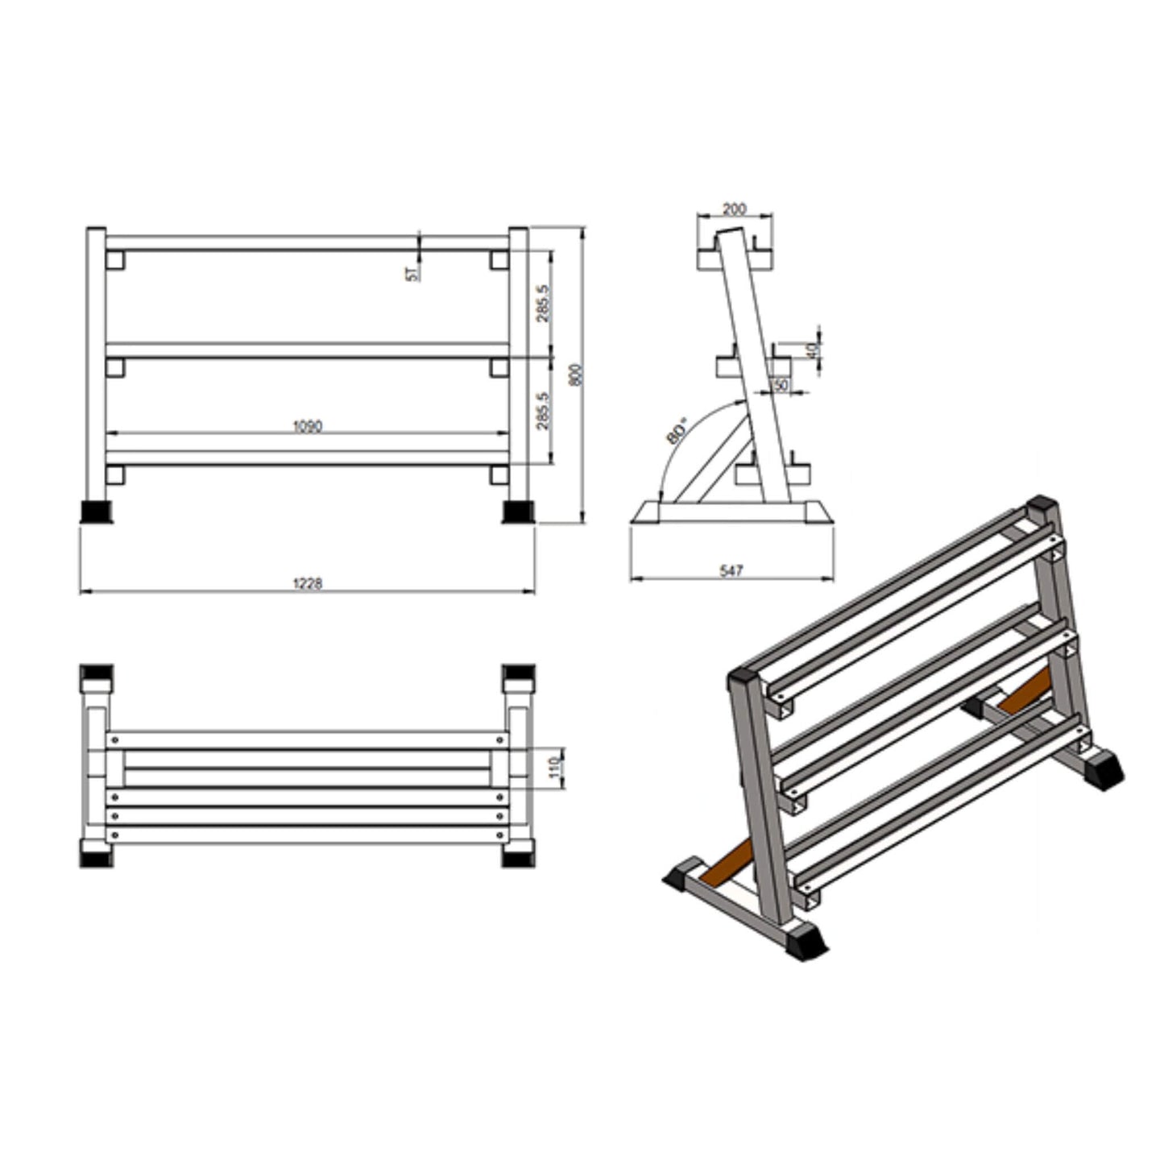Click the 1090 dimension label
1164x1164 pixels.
[306, 425]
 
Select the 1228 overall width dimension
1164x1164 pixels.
[306, 583]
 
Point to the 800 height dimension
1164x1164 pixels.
[575, 375]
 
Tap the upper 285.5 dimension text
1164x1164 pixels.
[544, 303]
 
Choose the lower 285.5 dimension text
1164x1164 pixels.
[544, 411]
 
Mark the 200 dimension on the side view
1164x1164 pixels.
[734, 209]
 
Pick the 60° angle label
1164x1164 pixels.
[677, 430]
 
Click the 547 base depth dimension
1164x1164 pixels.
[731, 570]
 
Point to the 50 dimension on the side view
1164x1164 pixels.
[781, 385]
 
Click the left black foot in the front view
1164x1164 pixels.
[96, 512]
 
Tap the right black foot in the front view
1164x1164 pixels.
[517, 512]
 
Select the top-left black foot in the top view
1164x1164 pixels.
[96, 673]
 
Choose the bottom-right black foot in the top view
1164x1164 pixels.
[517, 854]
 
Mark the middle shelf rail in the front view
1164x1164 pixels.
[307, 350]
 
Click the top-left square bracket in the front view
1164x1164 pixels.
[114, 259]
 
